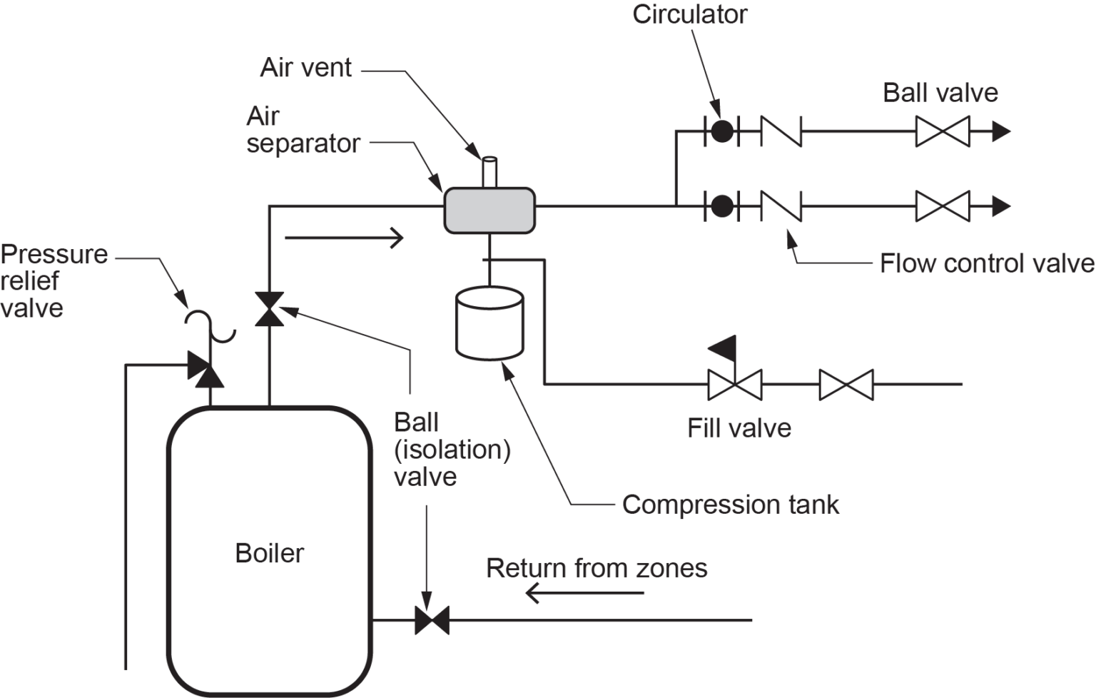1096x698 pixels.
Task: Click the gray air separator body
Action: [489, 211]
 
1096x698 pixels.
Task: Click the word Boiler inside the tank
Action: [269, 553]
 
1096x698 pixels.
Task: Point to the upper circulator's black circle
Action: [722, 131]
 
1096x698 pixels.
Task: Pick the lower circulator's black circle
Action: [722, 206]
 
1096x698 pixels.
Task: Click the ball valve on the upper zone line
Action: [943, 131]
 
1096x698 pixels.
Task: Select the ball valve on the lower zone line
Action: [943, 206]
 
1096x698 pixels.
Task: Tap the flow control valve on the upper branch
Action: [781, 131]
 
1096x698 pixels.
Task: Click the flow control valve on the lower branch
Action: [781, 206]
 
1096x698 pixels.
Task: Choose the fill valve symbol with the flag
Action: [734, 378]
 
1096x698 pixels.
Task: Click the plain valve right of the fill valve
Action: [846, 385]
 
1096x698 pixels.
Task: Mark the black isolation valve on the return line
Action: [432, 620]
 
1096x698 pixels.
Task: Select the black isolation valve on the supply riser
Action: [270, 309]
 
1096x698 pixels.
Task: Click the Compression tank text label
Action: [730, 505]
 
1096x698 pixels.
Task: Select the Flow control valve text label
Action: [986, 263]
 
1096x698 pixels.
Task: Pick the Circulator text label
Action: [689, 14]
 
